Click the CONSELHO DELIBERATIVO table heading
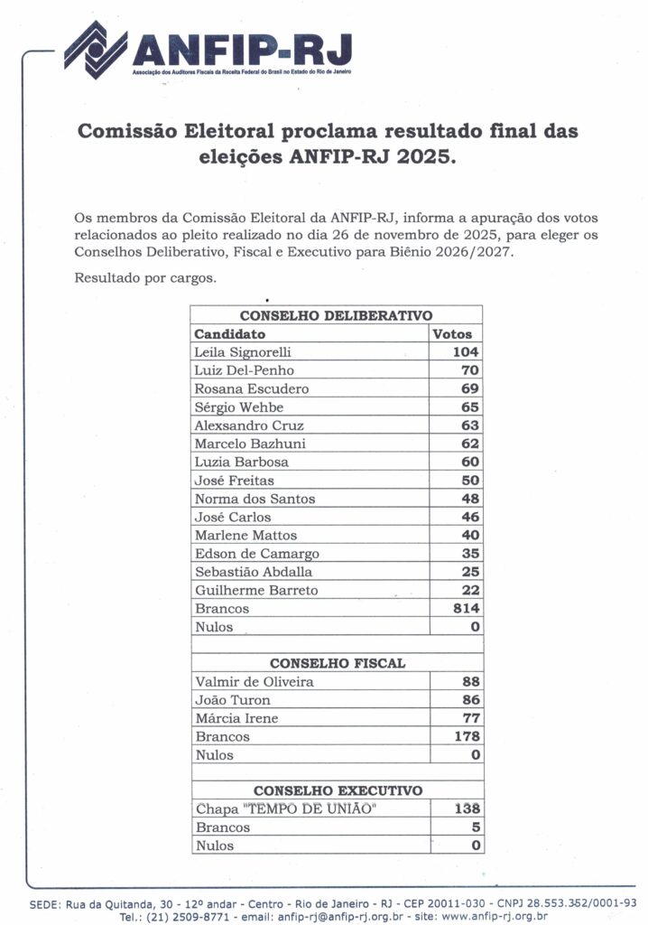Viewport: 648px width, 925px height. pos(336,315)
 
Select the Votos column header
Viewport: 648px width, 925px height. pos(452,333)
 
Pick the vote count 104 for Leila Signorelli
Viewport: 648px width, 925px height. pos(466,352)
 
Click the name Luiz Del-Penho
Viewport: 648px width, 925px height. pos(244,370)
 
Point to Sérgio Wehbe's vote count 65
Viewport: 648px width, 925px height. pos(470,407)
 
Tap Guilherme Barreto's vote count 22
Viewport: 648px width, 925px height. pos(470,591)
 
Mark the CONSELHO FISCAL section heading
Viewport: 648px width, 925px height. pos(337,663)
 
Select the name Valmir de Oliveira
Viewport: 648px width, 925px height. pos(254,682)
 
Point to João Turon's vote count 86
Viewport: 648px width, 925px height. pos(470,700)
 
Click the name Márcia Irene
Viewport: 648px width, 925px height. pos(236,718)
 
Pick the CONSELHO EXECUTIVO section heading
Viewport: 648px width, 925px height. pos(337,790)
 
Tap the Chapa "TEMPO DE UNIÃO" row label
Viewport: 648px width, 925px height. pos(283,809)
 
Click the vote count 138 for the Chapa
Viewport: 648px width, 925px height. pos(466,809)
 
